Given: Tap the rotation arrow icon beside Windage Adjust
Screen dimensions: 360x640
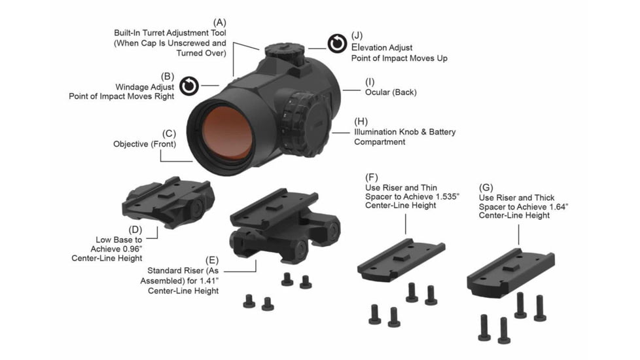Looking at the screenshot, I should (188, 86).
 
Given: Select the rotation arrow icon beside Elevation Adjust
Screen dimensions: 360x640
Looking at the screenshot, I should (337, 43).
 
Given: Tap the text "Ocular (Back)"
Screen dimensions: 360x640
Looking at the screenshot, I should (391, 92).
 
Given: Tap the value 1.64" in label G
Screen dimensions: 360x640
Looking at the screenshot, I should (555, 206).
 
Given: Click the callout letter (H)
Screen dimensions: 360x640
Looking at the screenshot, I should (361, 121).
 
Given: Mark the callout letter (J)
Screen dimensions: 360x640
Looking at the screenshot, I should (357, 35).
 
